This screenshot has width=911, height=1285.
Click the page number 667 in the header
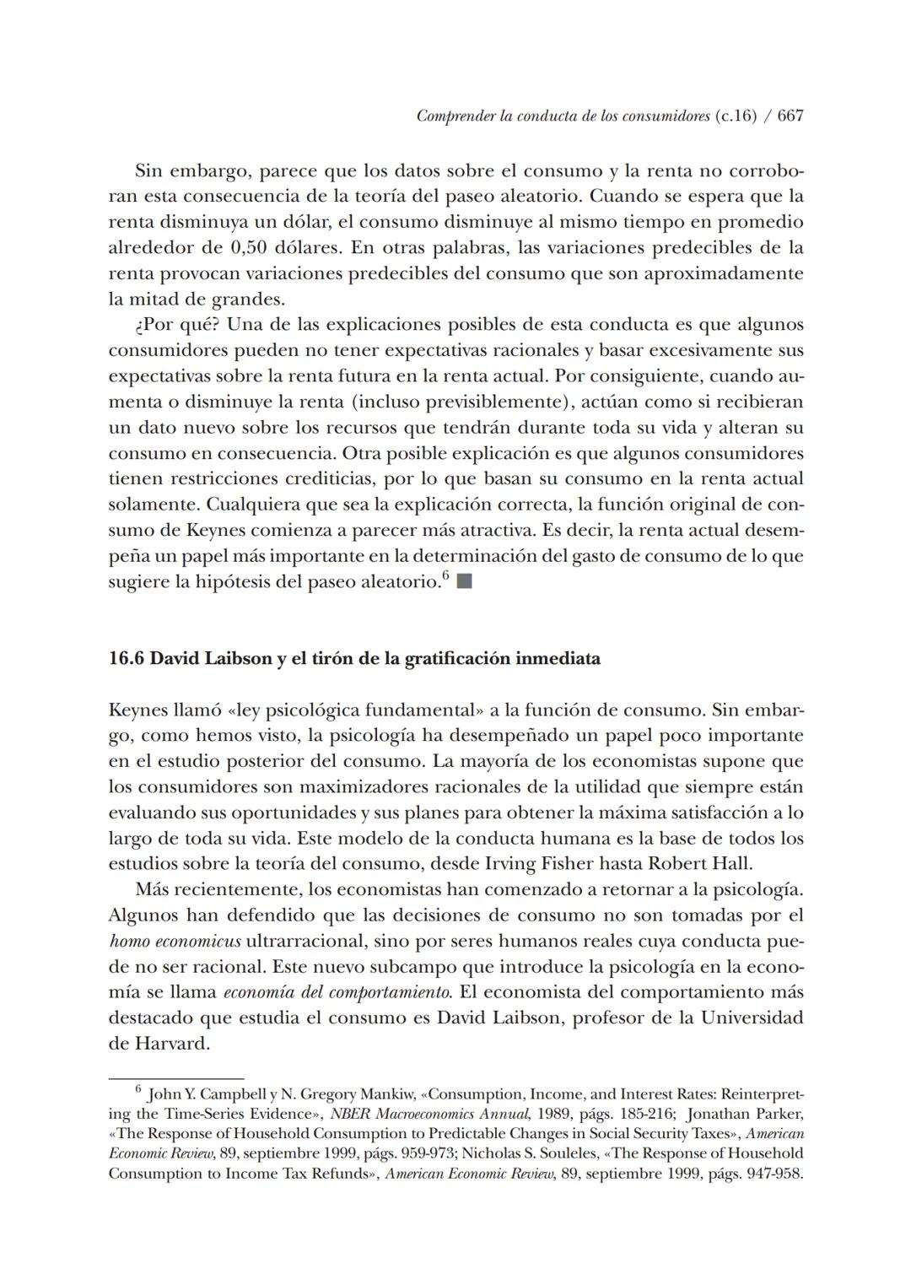(x=790, y=116)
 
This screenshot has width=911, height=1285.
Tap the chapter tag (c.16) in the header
(x=735, y=116)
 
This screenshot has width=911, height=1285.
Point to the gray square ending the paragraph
(x=464, y=582)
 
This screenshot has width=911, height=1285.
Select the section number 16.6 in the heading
(x=127, y=659)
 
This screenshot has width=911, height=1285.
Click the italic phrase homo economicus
(x=175, y=941)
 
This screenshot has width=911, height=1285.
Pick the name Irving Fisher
(x=538, y=864)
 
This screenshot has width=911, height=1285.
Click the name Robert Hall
(x=699, y=864)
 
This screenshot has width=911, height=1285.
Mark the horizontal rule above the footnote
(x=175, y=1078)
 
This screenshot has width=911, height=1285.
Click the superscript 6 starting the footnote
(x=138, y=1090)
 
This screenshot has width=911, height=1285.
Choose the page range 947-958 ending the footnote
(x=774, y=1174)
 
